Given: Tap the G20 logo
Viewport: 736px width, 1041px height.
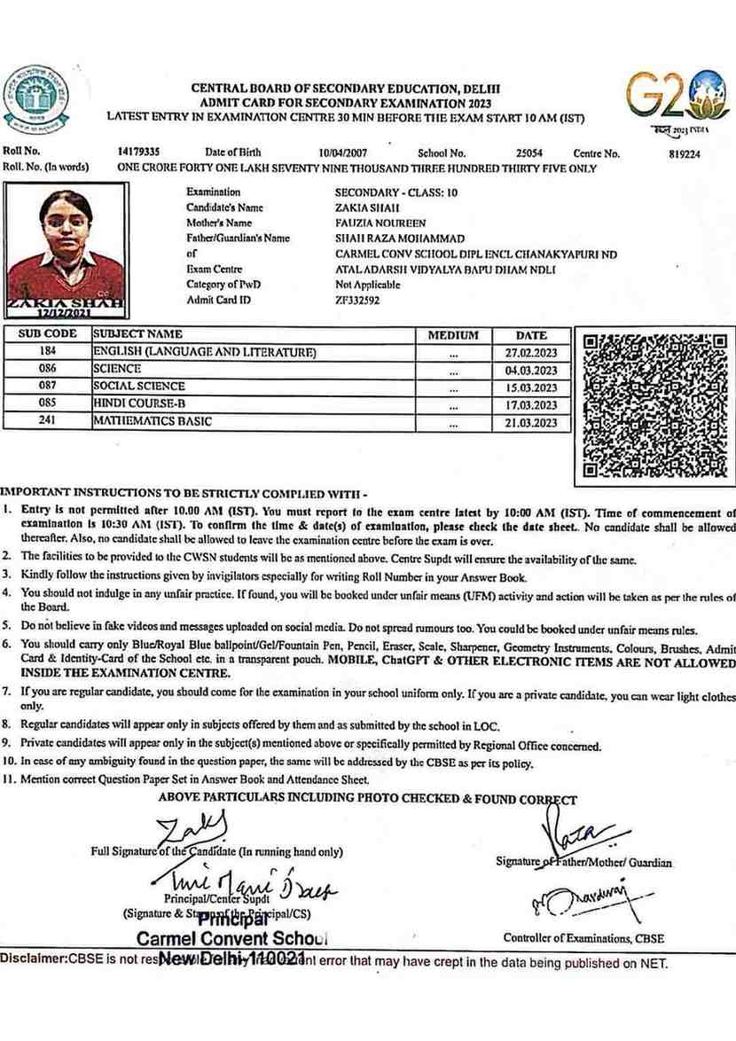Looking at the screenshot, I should coord(678,101).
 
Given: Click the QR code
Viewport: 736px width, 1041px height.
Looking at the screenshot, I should coord(654,406).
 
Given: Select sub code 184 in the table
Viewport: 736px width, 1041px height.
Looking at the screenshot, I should coord(47,352).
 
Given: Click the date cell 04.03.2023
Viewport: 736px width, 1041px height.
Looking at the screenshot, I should coord(531,370).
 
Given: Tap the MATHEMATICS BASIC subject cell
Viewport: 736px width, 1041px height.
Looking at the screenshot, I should coord(153,421).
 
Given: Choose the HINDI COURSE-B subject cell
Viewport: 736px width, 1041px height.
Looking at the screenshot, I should coord(140,403).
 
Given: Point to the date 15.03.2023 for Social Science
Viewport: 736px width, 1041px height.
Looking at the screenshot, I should coord(531,387).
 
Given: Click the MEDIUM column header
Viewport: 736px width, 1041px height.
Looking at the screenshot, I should coord(453,335).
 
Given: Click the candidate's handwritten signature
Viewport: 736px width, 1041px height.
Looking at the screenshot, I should coord(192,833).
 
